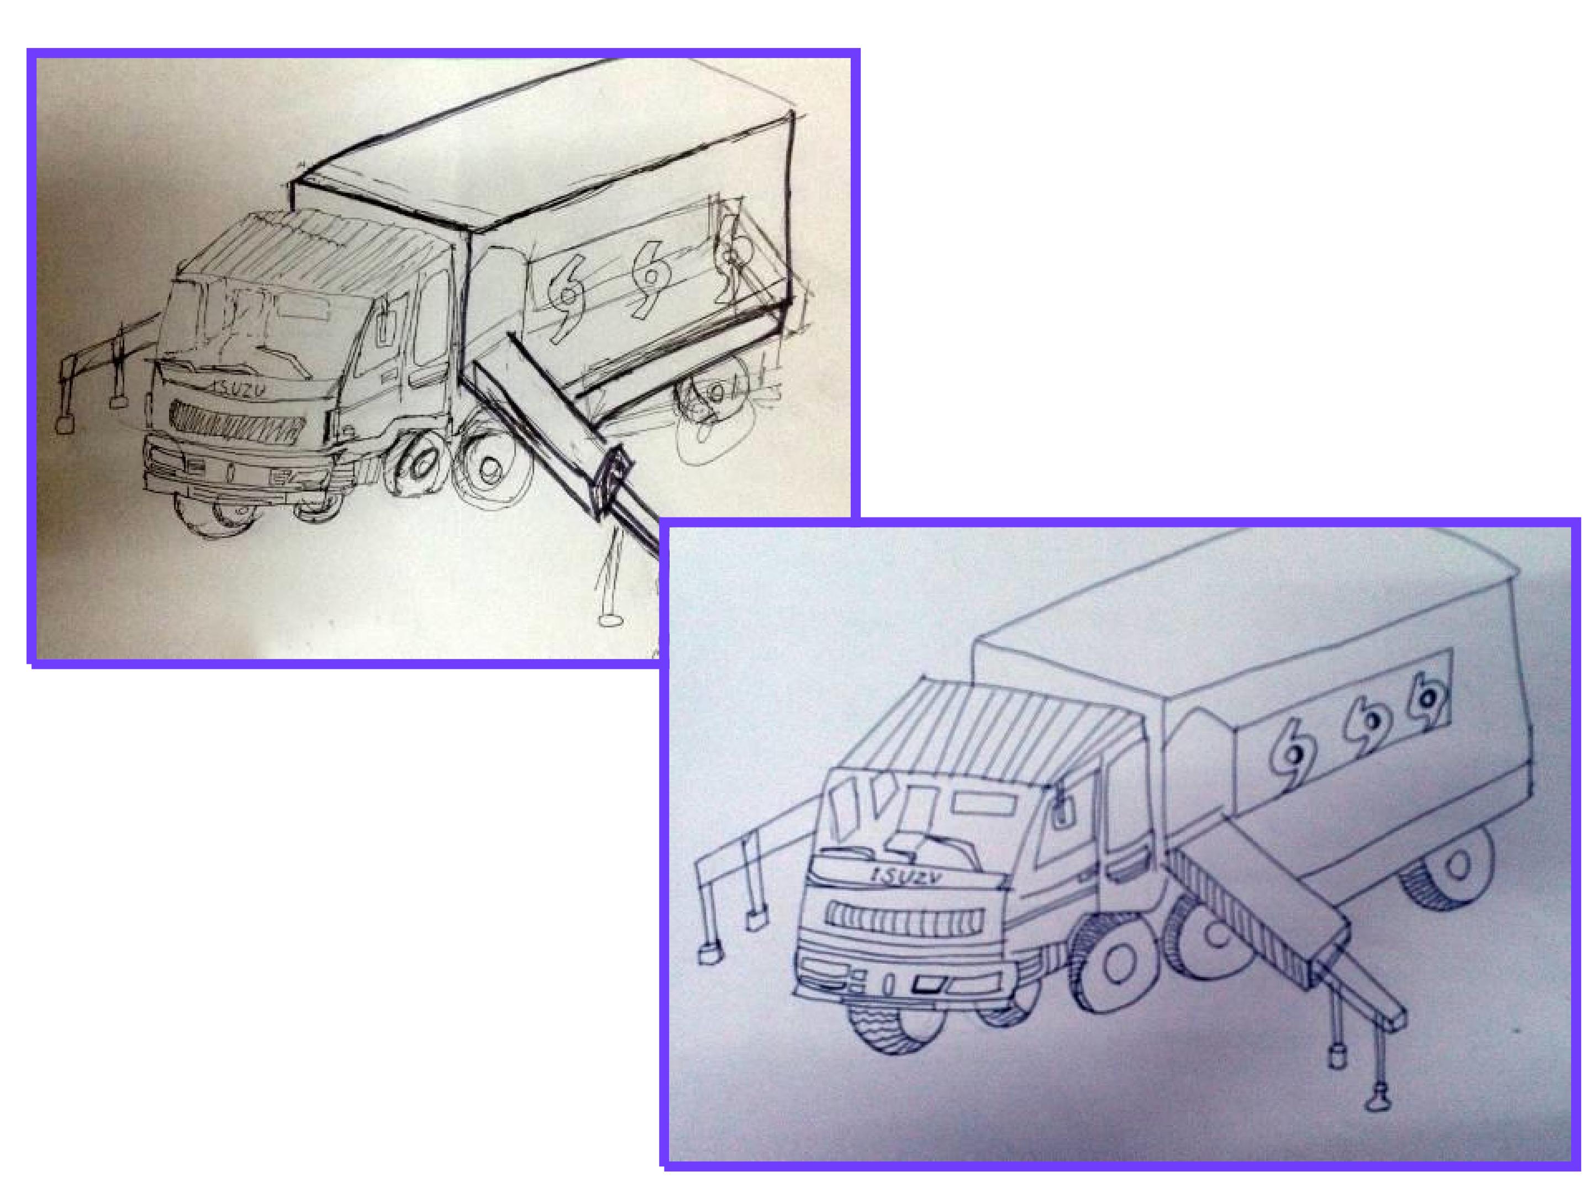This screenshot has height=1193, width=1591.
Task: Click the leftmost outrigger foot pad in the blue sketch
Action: (710, 953)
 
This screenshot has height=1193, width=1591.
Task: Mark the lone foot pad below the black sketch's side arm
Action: (610, 620)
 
